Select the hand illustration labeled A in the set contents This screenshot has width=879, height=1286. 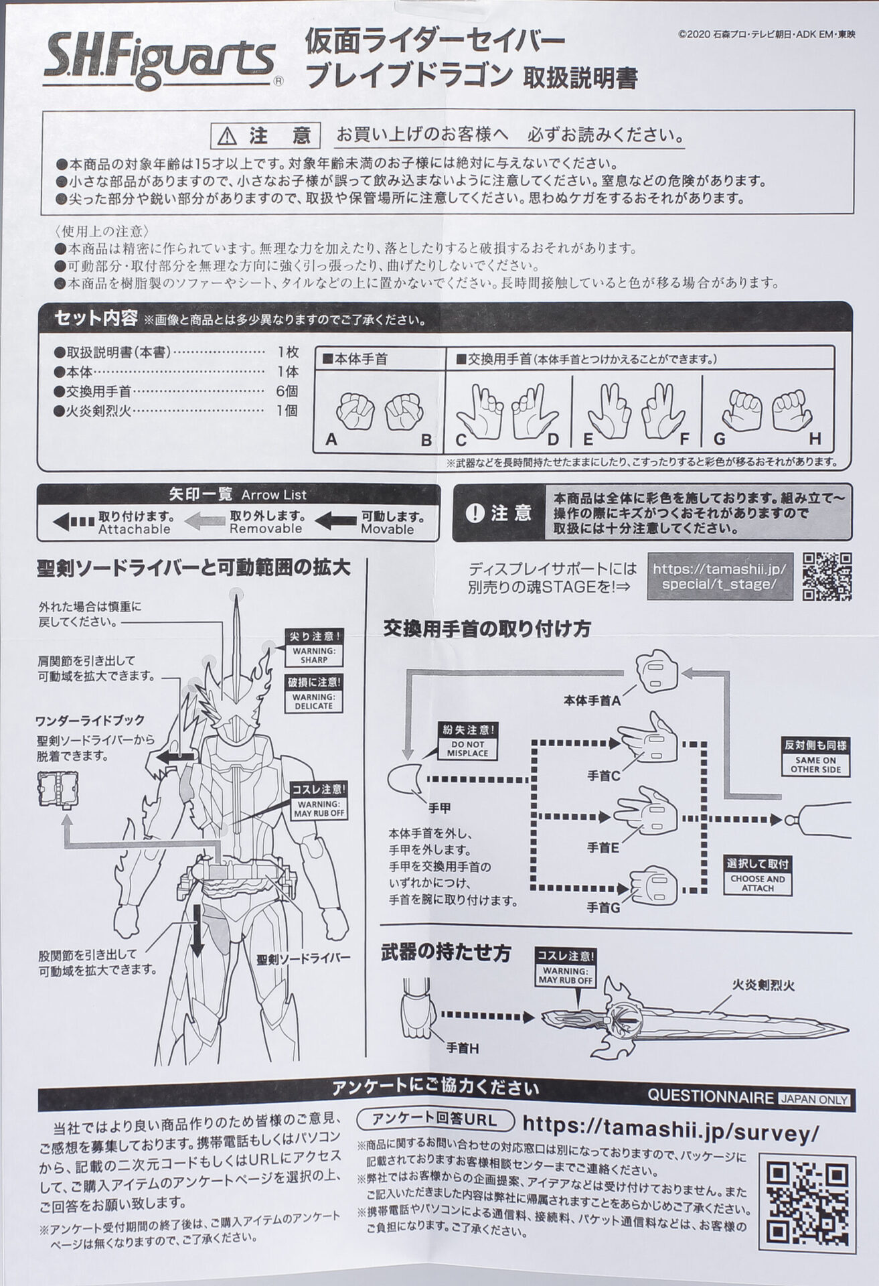pyautogui.click(x=357, y=411)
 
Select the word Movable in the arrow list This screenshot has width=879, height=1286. pyautogui.click(x=387, y=529)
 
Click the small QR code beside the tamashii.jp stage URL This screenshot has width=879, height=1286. pyautogui.click(x=827, y=576)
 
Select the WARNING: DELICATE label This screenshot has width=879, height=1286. pyautogui.click(x=313, y=701)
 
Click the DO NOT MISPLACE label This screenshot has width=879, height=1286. pyautogui.click(x=467, y=748)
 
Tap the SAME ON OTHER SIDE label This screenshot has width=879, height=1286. pyautogui.click(x=815, y=764)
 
